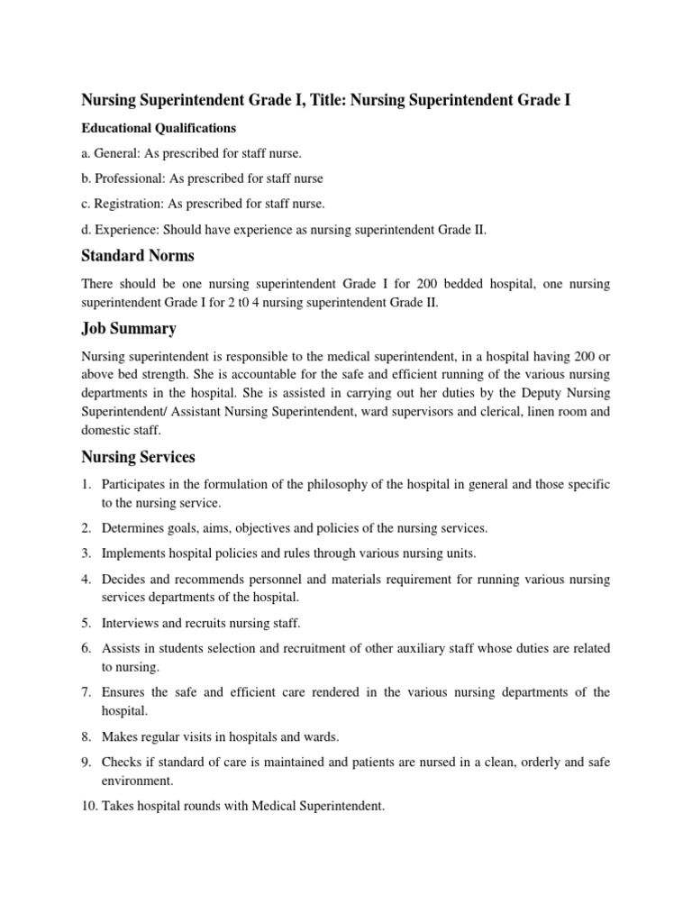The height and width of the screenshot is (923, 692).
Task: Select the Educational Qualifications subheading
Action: [159, 128]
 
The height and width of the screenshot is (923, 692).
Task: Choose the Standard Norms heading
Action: [138, 256]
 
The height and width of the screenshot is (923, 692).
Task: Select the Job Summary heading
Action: [129, 328]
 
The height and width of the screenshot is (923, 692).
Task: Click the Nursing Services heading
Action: [138, 457]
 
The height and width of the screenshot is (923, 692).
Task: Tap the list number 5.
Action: [86, 622]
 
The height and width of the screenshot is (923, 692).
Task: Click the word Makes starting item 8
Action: [121, 736]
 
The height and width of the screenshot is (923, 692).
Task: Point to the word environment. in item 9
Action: [137, 781]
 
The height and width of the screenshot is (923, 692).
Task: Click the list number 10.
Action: [90, 806]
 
